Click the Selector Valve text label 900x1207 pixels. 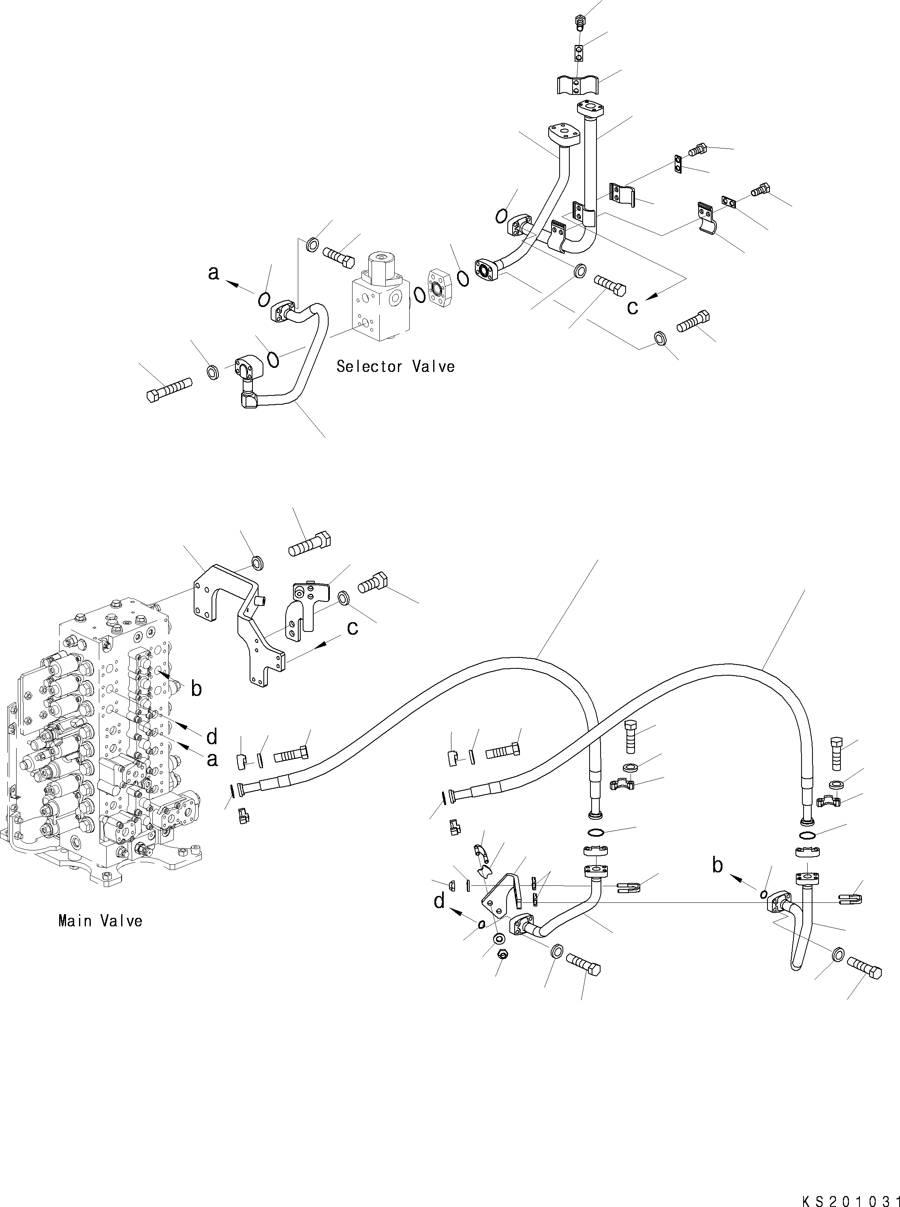(x=395, y=366)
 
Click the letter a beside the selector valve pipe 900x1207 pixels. (x=214, y=273)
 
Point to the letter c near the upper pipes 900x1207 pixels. (x=632, y=307)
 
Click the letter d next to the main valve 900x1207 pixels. (x=212, y=737)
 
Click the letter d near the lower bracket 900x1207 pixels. (x=439, y=901)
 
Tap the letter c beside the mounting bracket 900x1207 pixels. (x=353, y=627)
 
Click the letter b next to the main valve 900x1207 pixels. (x=196, y=689)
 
